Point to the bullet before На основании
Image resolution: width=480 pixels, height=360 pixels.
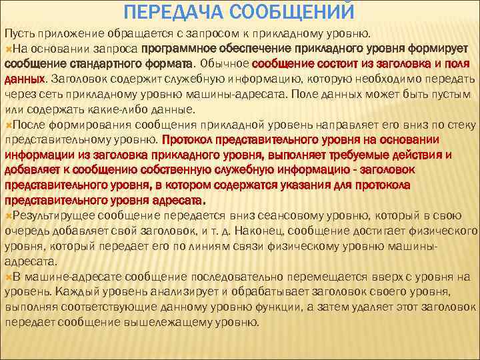tap(8, 48)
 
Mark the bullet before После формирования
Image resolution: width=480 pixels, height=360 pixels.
tap(8, 125)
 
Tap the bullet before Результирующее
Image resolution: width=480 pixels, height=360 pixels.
tap(8, 216)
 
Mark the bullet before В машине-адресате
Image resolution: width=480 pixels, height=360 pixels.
tap(8, 277)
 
